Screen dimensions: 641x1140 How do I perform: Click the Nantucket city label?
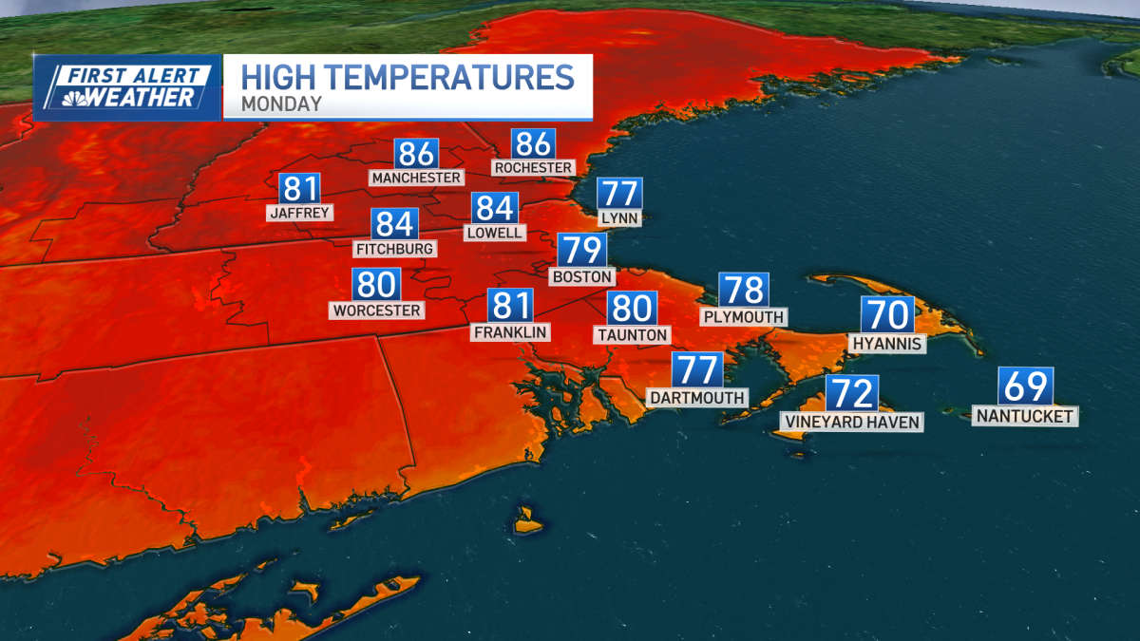point(1025,416)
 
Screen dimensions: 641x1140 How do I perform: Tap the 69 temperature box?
point(1025,387)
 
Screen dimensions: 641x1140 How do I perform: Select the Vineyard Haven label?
point(851,422)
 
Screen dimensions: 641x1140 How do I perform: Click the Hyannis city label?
point(887,344)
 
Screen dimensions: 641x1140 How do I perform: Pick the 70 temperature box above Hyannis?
point(887,314)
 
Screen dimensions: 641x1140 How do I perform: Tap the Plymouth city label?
point(743,316)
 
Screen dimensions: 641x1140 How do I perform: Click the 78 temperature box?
point(743,290)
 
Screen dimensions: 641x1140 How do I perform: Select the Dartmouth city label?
point(697,397)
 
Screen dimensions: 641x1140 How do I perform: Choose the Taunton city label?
point(632,334)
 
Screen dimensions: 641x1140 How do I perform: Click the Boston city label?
point(580,276)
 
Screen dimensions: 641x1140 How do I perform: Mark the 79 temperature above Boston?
point(580,250)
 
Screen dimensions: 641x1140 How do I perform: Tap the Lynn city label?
point(619,218)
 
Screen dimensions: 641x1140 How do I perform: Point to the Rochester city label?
point(533,167)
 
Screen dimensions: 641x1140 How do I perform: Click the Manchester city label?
point(417,178)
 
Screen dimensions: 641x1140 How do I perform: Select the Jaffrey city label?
point(300,213)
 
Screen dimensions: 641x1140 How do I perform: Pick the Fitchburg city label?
point(394,249)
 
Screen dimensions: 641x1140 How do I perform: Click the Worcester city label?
point(377,310)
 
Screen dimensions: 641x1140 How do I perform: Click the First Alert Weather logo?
point(127,87)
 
